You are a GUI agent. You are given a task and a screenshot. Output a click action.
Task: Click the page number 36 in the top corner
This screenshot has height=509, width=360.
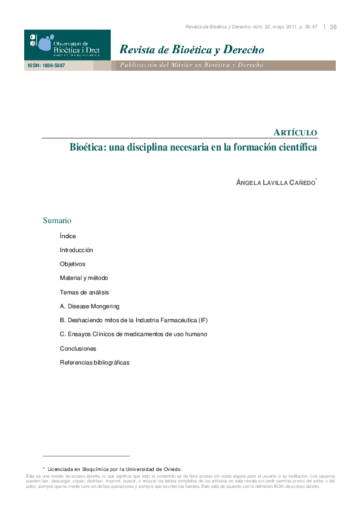333,27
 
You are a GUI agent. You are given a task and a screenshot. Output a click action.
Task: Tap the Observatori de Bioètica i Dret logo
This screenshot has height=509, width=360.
67,45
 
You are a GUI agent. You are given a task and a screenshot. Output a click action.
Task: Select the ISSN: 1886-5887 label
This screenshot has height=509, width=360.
46,65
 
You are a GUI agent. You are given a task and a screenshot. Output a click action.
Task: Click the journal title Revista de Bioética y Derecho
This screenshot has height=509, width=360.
191,49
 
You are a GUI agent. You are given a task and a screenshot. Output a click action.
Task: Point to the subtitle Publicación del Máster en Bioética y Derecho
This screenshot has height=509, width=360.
191,65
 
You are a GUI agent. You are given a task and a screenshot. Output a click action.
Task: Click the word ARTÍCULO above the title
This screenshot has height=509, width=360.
295,132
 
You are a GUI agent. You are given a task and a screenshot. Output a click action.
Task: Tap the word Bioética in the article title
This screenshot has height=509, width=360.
88,148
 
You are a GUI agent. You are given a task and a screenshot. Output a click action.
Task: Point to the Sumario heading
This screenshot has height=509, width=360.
57,221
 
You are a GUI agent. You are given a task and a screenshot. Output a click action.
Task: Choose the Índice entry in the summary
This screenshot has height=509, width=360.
68,236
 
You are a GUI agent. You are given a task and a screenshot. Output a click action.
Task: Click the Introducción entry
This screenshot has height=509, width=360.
76,250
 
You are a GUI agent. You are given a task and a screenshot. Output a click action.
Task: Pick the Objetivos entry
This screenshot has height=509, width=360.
73,264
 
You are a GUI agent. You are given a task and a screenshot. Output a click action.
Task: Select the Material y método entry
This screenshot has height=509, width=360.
83,278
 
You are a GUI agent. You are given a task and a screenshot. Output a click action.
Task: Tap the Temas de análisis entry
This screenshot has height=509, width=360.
84,292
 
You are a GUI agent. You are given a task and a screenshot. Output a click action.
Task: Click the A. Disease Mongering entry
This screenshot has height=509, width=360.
90,306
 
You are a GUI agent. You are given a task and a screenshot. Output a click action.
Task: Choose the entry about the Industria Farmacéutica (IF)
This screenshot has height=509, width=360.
134,320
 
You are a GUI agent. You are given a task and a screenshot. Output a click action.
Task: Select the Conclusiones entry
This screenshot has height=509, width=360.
78,349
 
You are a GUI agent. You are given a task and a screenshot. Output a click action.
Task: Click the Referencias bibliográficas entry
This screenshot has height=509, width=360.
94,363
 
